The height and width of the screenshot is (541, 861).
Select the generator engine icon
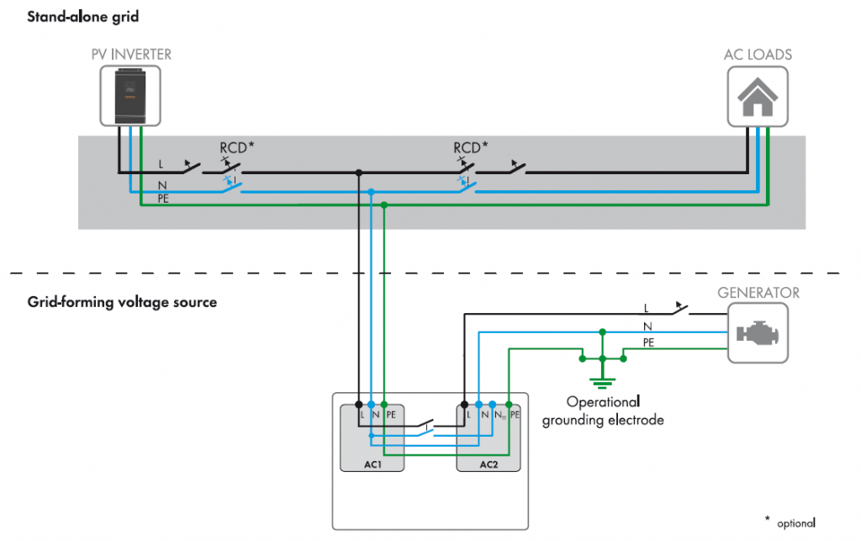[758, 333]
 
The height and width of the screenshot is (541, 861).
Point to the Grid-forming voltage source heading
[122, 301]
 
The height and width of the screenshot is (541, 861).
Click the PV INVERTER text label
[130, 55]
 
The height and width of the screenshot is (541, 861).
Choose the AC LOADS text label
[758, 55]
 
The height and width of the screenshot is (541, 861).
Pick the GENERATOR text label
[758, 293]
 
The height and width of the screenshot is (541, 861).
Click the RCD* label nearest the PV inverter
[236, 146]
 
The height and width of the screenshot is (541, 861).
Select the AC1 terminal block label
[372, 464]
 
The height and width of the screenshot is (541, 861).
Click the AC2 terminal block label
[489, 464]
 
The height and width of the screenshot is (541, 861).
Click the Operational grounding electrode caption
[603, 411]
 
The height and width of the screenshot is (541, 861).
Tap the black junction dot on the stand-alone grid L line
[359, 172]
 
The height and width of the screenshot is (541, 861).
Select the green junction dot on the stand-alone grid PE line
[383, 205]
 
